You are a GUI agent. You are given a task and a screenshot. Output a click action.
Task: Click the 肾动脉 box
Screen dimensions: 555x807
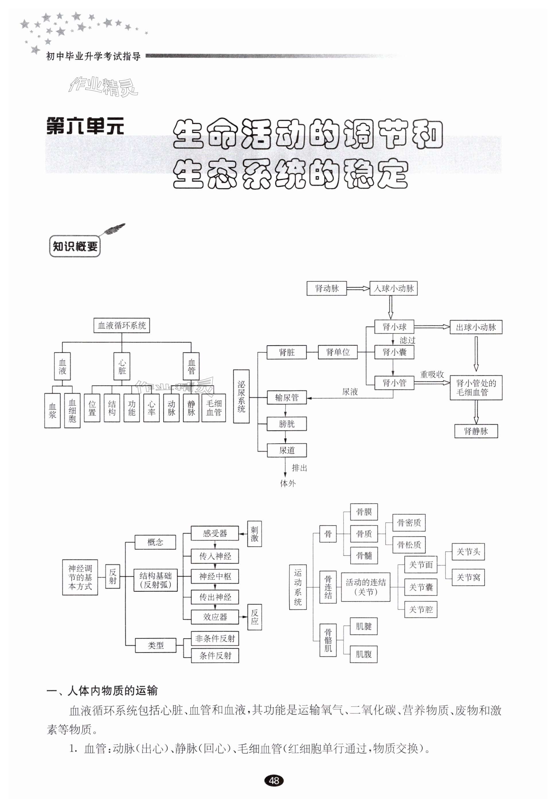(x=326, y=288)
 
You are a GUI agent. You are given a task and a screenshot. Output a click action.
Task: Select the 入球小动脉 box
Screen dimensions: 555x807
(x=393, y=288)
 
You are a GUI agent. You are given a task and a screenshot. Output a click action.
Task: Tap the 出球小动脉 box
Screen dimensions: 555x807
(x=476, y=327)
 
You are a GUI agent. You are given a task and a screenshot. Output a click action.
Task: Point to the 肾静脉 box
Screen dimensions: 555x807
(x=476, y=431)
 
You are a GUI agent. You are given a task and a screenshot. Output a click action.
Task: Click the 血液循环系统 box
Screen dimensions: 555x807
(x=122, y=326)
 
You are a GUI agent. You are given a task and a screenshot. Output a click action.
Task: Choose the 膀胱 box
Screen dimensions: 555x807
(x=287, y=424)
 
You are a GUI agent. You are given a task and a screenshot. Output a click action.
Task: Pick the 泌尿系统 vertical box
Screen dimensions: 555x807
(x=241, y=396)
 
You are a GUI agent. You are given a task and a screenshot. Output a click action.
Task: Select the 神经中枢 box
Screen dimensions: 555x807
(x=215, y=577)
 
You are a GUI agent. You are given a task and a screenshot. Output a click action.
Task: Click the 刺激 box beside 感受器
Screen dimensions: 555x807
(x=254, y=534)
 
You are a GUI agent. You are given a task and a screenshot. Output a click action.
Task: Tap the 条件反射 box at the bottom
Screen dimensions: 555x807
(x=215, y=655)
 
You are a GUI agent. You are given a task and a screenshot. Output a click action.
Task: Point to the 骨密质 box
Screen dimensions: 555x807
(x=409, y=523)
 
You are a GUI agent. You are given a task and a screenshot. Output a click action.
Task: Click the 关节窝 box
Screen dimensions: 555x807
(x=468, y=577)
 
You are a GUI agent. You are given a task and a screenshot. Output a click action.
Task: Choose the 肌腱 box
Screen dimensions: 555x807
(x=363, y=626)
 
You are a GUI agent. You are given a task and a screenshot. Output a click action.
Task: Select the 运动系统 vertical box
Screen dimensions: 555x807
(x=298, y=587)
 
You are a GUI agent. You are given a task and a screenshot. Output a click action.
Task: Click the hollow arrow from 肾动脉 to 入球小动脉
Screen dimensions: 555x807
(x=358, y=288)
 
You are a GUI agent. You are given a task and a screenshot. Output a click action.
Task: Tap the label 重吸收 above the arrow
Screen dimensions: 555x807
(x=432, y=375)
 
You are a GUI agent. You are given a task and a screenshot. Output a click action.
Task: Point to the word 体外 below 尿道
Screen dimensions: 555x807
(x=288, y=483)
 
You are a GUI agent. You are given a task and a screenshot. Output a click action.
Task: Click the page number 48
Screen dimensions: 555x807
(x=274, y=781)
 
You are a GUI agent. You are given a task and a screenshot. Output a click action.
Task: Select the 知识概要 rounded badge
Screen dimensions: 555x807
(x=75, y=247)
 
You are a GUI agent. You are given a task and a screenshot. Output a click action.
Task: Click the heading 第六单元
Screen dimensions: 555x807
(x=85, y=126)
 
